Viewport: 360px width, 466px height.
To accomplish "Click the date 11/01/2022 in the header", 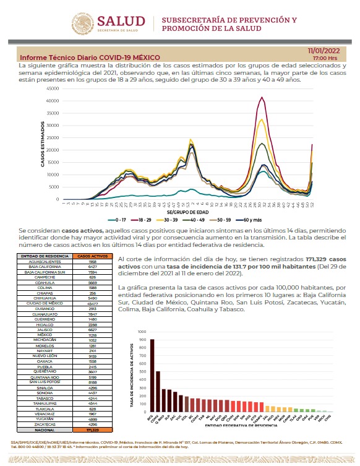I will pyautogui.click(x=322, y=50).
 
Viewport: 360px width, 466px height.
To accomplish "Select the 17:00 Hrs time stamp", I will pyautogui.click(x=325, y=58).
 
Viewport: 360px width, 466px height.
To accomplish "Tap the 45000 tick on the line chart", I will pyautogui.click(x=53, y=88).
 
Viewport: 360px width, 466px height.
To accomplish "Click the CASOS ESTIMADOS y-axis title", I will pyautogui.click(x=43, y=144).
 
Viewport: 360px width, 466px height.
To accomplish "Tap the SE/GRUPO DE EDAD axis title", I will pyautogui.click(x=189, y=211).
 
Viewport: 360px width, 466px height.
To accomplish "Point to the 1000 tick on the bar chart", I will pyautogui.click(x=142, y=332).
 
